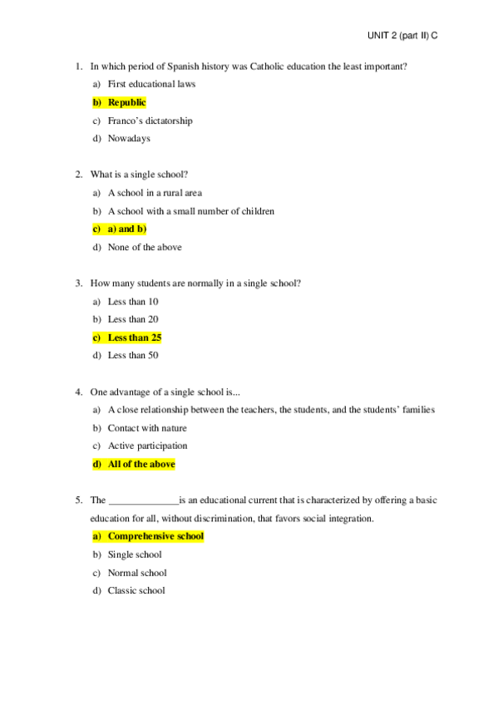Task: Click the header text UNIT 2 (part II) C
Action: pyautogui.click(x=402, y=37)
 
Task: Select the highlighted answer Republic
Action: pyautogui.click(x=126, y=102)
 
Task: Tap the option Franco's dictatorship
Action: pyautogui.click(x=150, y=121)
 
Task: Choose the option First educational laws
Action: pyautogui.click(x=151, y=84)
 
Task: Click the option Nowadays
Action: pyautogui.click(x=129, y=139)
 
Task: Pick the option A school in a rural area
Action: pyautogui.click(x=155, y=193)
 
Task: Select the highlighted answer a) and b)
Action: pyautogui.click(x=126, y=229)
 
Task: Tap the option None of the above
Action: pyautogui.click(x=145, y=247)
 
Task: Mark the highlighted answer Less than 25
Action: pyautogui.click(x=135, y=338)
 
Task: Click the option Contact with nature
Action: pyautogui.click(x=147, y=428)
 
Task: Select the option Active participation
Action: pyautogui.click(x=147, y=446)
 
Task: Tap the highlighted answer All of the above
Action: pyautogui.click(x=141, y=464)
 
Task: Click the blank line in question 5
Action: pyautogui.click(x=143, y=501)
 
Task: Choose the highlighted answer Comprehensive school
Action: pyautogui.click(x=155, y=536)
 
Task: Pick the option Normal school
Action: pyautogui.click(x=137, y=573)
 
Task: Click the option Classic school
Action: pyautogui.click(x=136, y=591)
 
